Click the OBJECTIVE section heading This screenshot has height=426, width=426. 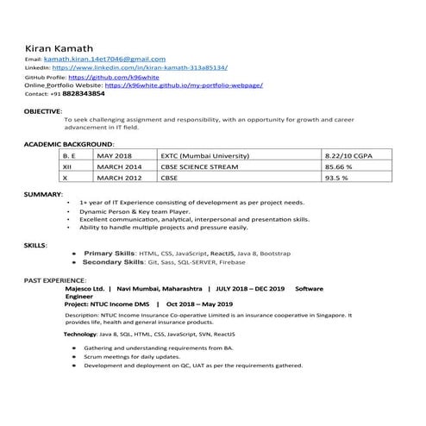[42, 111]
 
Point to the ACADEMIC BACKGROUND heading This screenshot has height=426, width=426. [68, 143]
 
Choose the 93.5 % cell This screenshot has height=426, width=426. [335, 178]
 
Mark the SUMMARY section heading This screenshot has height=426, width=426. [41, 195]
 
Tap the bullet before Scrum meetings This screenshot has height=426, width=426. [75, 355]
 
